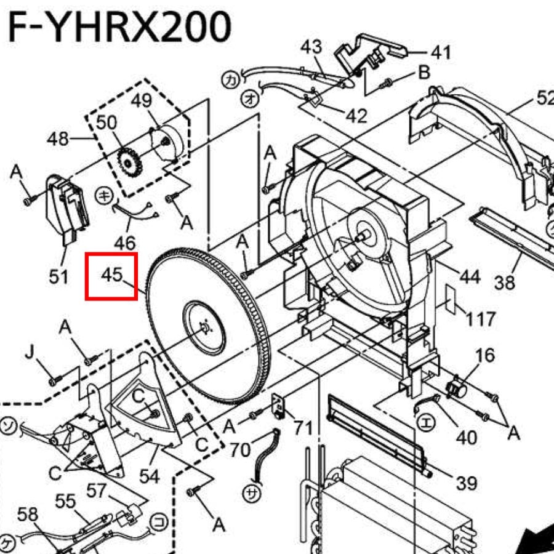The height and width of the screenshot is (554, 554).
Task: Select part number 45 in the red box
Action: pos(111,275)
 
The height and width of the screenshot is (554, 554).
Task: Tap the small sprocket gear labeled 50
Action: pos(129,163)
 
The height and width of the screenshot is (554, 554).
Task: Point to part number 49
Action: pos(142,101)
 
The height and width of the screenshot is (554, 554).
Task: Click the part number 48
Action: pos(58,138)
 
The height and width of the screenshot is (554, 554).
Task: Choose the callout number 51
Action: pos(58,276)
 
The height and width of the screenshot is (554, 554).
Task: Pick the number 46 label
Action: pos(125,243)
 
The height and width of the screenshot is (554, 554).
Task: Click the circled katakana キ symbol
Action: pos(104,195)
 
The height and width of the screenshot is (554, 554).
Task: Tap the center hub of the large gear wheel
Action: pos(204,328)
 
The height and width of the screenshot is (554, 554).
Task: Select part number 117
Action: pos(481,319)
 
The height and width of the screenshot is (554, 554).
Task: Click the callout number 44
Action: pos(470,276)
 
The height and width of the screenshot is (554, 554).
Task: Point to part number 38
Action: pos(505,283)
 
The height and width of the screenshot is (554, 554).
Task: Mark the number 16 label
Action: pos(485,355)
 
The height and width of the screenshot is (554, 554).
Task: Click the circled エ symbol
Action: pos(427,423)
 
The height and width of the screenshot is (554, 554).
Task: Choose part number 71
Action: pos(303,428)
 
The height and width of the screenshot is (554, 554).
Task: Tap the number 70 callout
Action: pos(240,450)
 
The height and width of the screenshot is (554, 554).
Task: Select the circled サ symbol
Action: pos(252,494)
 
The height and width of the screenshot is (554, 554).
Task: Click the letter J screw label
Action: pos(30,352)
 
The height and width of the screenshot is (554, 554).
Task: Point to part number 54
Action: pos(150,476)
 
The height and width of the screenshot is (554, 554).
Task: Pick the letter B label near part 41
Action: pos(424,72)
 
